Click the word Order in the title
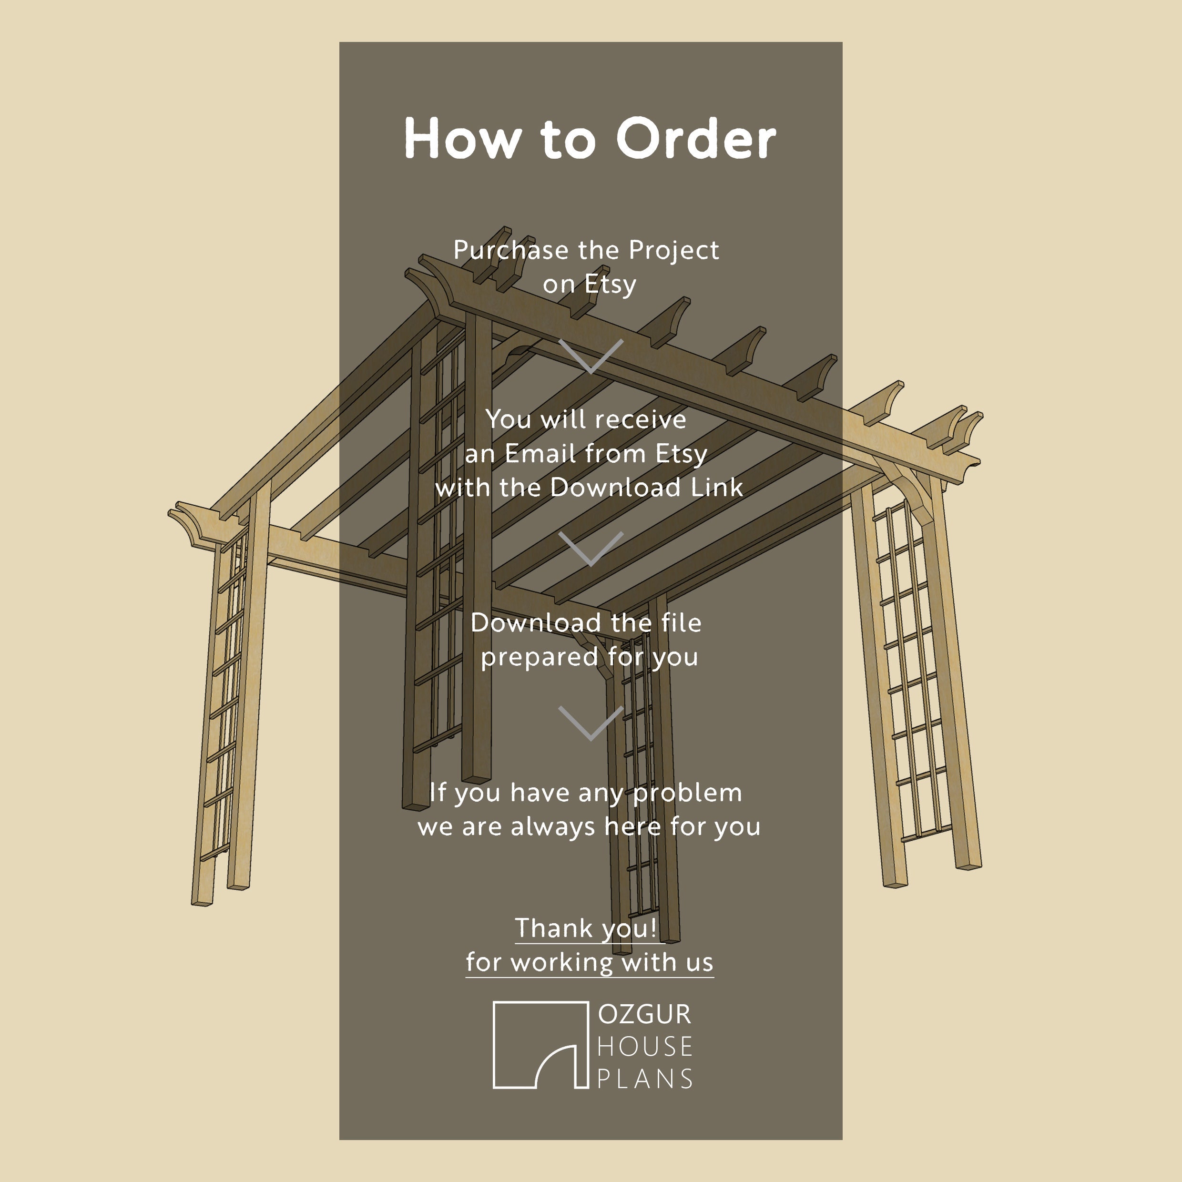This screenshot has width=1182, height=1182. pos(696,138)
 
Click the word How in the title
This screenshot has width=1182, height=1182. pos(460,138)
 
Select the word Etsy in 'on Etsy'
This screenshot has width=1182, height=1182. pos(610,285)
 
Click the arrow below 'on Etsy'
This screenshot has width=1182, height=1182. pos(591,356)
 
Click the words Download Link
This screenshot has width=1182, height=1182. pos(646,488)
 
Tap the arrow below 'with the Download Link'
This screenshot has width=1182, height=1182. pos(591,549)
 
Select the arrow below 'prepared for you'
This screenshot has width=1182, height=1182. pos(591,723)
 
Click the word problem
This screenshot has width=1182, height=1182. pos(687,793)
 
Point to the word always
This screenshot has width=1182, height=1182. pos(552,826)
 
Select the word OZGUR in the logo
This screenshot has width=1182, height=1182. pos(644,1014)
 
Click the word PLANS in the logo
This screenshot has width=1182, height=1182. pos(644,1079)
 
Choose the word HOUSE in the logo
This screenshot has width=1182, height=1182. pos(644,1047)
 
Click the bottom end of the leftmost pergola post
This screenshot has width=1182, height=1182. pos(202,901)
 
